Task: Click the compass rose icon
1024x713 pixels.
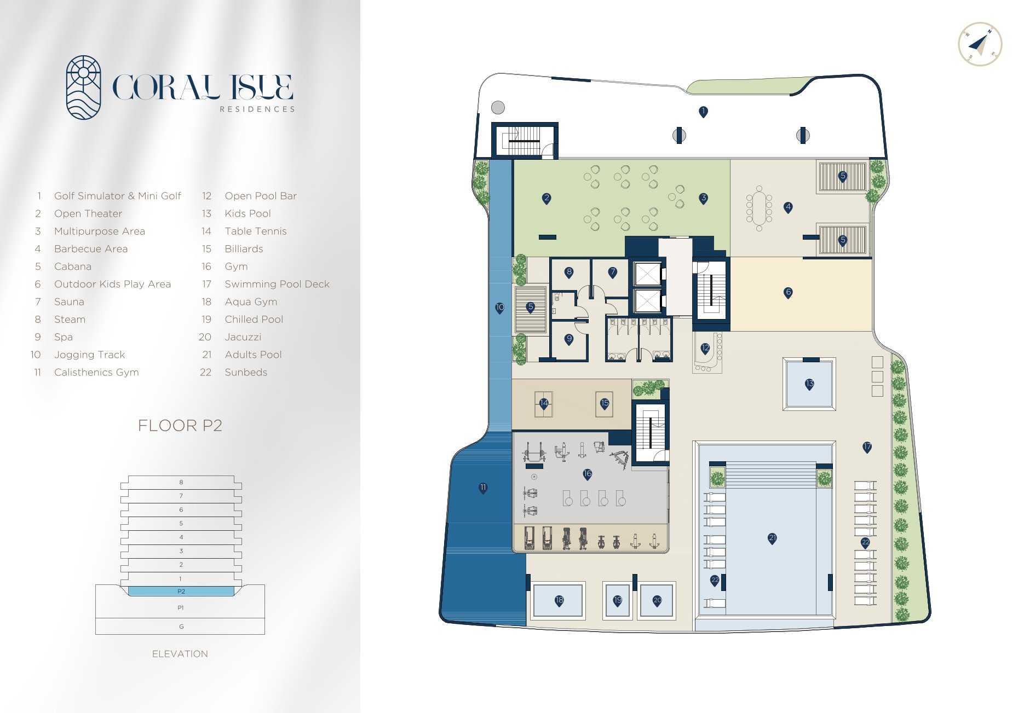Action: (x=980, y=44)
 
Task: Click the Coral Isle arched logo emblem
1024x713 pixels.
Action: (x=83, y=88)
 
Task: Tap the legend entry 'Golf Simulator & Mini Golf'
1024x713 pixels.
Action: (x=117, y=196)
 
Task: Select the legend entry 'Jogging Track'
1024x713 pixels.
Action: (x=89, y=355)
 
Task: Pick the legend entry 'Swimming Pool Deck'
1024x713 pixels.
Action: (x=277, y=284)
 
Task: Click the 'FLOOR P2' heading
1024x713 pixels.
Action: (x=180, y=425)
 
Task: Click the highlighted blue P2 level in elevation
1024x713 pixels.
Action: (x=181, y=591)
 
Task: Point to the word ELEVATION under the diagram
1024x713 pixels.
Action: (x=180, y=654)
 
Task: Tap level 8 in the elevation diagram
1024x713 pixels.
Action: (x=181, y=482)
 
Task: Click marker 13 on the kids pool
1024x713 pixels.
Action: (x=809, y=384)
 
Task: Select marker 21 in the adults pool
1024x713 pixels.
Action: (x=772, y=538)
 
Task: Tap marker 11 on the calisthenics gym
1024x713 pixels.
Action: (x=483, y=488)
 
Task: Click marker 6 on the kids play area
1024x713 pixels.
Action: (x=789, y=292)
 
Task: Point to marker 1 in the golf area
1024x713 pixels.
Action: (x=704, y=112)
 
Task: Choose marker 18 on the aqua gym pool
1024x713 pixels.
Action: (x=559, y=601)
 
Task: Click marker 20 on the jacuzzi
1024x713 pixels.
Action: (x=657, y=601)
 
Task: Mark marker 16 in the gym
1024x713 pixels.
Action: (x=588, y=474)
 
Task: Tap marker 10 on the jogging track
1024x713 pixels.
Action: (x=500, y=308)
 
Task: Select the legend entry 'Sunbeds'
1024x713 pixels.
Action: (x=246, y=372)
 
